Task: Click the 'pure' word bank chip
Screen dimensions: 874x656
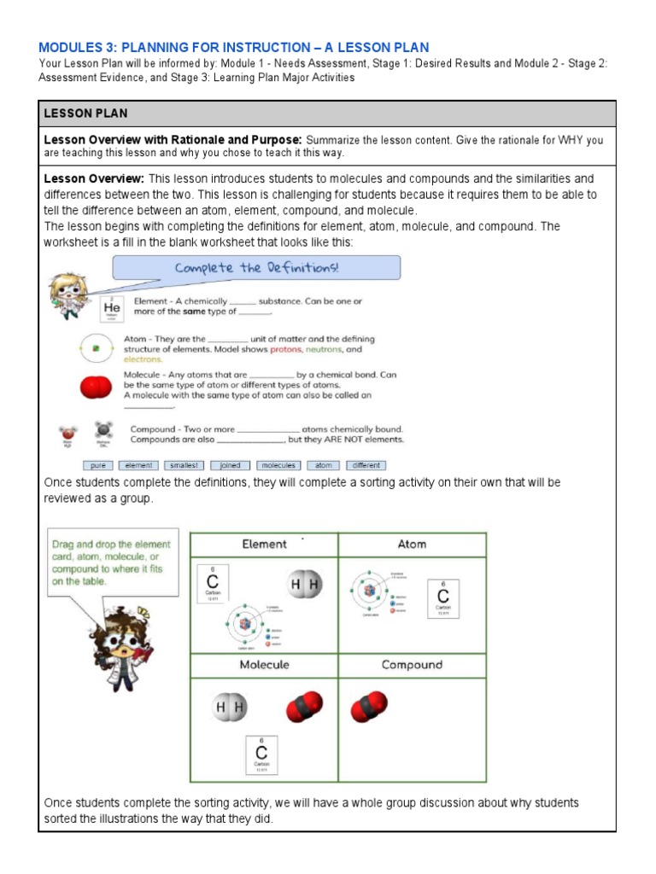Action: click(98, 465)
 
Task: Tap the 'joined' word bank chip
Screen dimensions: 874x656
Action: click(231, 465)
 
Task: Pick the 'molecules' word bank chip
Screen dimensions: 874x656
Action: click(278, 465)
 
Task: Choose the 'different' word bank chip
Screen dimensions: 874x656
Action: click(366, 465)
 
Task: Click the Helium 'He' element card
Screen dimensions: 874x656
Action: click(112, 308)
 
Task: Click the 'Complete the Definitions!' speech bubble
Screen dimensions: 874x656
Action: click(256, 268)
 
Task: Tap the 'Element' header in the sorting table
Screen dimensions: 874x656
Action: click(264, 544)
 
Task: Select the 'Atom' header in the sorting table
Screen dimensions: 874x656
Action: click(412, 544)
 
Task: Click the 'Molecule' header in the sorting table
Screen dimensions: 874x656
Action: click(264, 664)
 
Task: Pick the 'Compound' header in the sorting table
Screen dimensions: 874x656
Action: click(412, 664)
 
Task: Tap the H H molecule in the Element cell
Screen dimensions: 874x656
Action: click(305, 586)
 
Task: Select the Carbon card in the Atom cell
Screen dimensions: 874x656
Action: click(443, 599)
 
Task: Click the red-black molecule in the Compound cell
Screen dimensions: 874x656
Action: click(368, 707)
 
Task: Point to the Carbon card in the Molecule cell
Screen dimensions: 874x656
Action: click(261, 755)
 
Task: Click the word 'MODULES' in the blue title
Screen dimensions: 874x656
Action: click(71, 48)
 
